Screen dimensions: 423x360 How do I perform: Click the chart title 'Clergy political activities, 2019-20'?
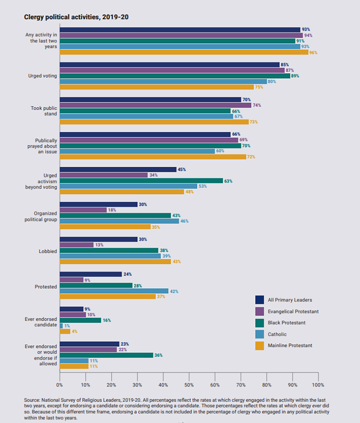click(76, 17)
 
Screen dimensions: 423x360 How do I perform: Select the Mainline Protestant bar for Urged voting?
click(157, 87)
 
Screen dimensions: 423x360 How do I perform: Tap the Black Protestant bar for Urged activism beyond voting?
click(141, 181)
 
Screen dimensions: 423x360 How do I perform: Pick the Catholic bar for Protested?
click(114, 291)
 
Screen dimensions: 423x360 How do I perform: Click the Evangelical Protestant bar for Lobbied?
click(77, 245)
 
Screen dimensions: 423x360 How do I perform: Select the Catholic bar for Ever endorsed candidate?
click(61, 326)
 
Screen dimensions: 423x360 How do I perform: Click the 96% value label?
click(313, 52)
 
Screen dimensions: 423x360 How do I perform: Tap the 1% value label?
click(67, 326)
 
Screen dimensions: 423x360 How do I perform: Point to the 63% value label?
click(227, 181)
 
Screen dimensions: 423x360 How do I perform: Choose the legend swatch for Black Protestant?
click(261, 323)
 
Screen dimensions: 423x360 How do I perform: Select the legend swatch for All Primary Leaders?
click(261, 300)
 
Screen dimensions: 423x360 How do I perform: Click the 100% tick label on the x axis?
click(318, 384)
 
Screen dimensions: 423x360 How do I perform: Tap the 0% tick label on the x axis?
click(60, 384)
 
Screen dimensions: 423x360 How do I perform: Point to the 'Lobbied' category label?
click(48, 251)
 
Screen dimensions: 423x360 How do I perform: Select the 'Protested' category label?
click(46, 286)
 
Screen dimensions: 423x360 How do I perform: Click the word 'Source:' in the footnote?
click(32, 399)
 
